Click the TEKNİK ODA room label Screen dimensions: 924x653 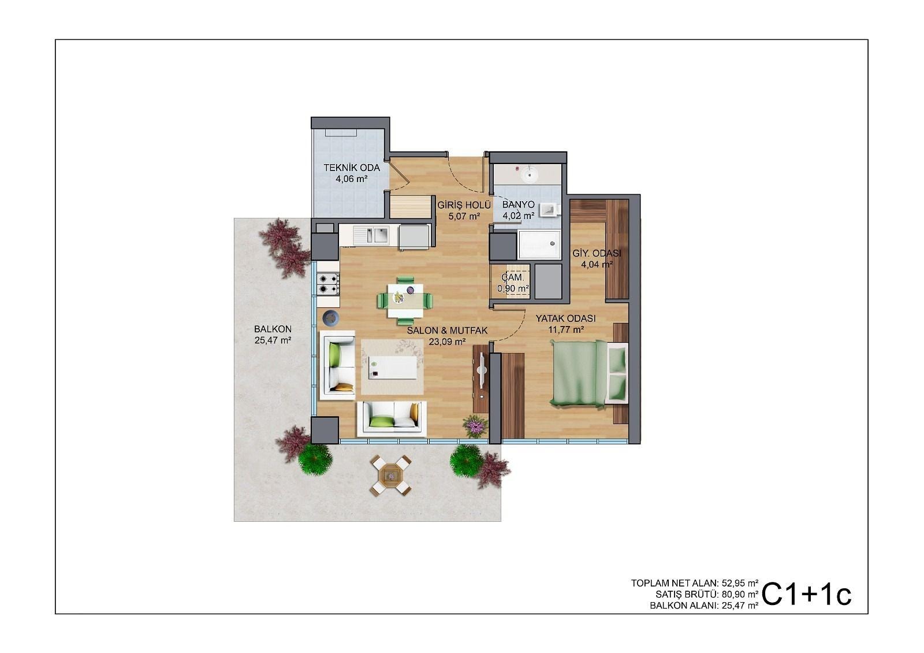coord(352,168)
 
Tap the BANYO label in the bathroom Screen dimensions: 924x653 coord(518,205)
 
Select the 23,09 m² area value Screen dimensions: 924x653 coord(447,342)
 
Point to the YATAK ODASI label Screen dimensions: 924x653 coord(565,318)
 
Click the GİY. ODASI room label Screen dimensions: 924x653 coord(597,254)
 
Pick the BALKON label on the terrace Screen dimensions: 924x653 coord(273,329)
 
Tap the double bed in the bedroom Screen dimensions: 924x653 coord(589,373)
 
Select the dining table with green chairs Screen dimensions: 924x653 coord(405,300)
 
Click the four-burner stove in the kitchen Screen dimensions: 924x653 coord(328,284)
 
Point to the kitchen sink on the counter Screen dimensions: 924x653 coord(371,236)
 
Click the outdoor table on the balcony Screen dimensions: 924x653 coord(390,476)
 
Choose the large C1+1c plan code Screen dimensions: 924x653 coord(806,595)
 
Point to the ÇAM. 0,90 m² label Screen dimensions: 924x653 coord(513,283)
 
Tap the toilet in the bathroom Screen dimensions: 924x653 coord(550,210)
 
